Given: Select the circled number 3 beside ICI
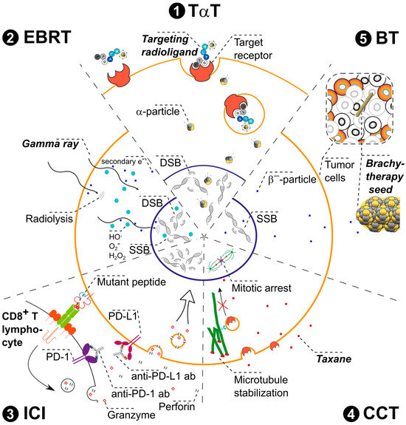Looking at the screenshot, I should pyautogui.click(x=10, y=412).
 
